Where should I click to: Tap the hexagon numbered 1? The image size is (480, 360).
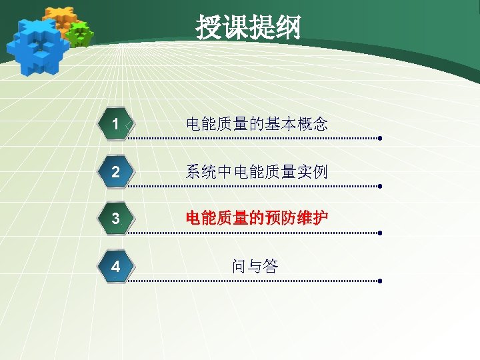coord(116,124)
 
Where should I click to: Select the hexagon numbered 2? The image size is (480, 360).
coord(116,171)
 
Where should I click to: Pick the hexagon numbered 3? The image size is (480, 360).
coord(116,219)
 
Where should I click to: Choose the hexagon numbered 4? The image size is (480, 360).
coord(116,267)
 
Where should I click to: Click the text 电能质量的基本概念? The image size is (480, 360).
coord(257,124)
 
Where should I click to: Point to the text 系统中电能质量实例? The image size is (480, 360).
coord(257,172)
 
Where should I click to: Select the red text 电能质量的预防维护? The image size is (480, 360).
coord(257,218)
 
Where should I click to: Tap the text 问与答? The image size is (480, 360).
coord(255,267)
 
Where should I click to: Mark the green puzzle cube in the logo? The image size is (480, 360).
coord(80,33)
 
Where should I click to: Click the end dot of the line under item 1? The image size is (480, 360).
coord(379,139)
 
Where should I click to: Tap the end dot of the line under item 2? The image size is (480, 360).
coord(379,187)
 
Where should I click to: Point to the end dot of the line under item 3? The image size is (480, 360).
coord(379,233)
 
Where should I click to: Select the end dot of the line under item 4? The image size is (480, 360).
coord(379,281)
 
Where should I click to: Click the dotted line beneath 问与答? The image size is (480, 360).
coord(253,281)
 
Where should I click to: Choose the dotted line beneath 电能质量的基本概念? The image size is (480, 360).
coord(253,139)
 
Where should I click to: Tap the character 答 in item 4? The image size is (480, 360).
coord(270,267)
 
